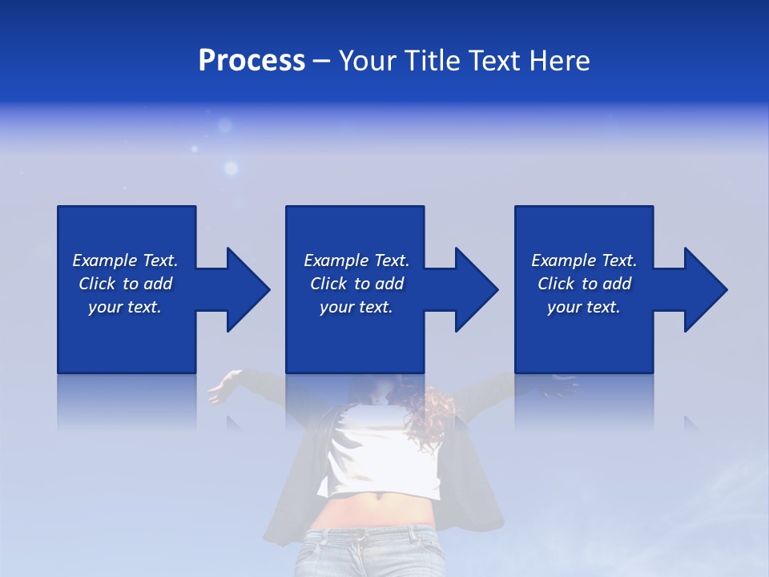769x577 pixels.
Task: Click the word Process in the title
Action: point(252,61)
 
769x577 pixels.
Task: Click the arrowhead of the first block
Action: point(247,289)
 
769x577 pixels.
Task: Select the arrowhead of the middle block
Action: point(476,289)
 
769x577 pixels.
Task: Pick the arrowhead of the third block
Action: point(705,289)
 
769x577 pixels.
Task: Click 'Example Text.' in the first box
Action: point(125,260)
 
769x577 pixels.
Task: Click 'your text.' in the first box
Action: point(125,307)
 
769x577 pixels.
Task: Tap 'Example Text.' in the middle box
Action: point(356,260)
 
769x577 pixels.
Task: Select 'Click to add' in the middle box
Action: point(356,284)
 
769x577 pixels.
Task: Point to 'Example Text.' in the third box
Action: point(584,260)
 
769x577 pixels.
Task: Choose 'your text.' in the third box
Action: point(584,307)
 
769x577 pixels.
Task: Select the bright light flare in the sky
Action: point(231,168)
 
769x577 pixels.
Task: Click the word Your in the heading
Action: point(369,61)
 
